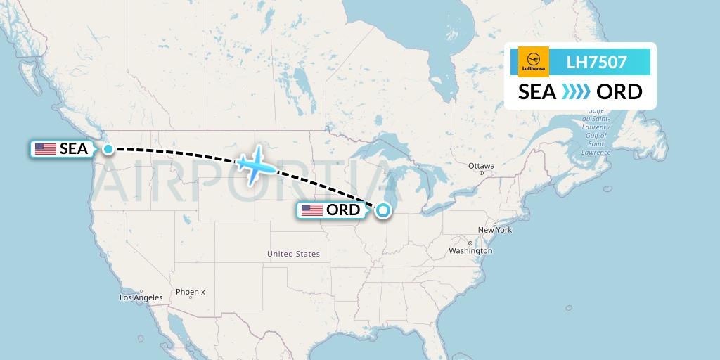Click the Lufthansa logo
coord(533,62)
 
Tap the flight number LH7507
coord(596,63)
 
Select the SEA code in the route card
coord(537,92)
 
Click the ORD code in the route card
coord(619,92)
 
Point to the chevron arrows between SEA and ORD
coord(577,92)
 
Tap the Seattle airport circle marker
coord(108,148)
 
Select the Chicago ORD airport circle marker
coord(383,210)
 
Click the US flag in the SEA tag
coord(46,149)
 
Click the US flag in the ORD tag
coord(312,210)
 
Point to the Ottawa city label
coord(482,166)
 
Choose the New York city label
coord(495,230)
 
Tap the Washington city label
coord(470,251)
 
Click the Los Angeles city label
coord(141,297)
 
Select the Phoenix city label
coord(190,291)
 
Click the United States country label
coord(293,254)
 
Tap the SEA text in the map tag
coord(74,149)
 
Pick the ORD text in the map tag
coord(343,210)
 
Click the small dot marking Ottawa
coord(482,173)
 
